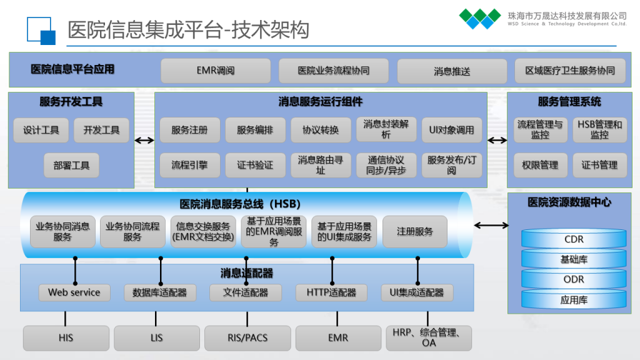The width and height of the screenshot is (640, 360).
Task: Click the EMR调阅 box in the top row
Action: pyautogui.click(x=216, y=71)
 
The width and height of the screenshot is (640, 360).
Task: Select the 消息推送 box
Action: pyautogui.click(x=452, y=71)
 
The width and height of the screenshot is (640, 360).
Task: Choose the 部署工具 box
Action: pyautogui.click(x=71, y=166)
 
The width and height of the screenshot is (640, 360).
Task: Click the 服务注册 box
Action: pyautogui.click(x=189, y=130)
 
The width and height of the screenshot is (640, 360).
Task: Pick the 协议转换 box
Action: pyautogui.click(x=321, y=130)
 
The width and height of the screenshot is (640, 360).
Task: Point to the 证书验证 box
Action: pyautogui.click(x=255, y=166)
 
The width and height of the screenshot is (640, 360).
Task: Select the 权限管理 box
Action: pyautogui.click(x=540, y=166)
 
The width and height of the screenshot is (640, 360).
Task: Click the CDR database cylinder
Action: pyautogui.click(x=574, y=239)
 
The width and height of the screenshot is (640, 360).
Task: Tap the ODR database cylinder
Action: pyautogui.click(x=574, y=279)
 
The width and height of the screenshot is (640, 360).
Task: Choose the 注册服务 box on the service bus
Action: pyautogui.click(x=415, y=231)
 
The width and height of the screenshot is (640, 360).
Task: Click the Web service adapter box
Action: pyautogui.click(x=74, y=292)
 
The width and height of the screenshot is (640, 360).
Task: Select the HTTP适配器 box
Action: pyautogui.click(x=331, y=292)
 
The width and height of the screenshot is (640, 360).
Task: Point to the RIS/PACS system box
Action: pyautogui.click(x=247, y=338)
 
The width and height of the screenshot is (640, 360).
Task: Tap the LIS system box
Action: pyautogui.click(x=156, y=338)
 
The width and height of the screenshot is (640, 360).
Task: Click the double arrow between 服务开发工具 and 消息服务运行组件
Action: pyautogui.click(x=144, y=140)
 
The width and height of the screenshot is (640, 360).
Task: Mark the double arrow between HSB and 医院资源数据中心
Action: pyautogui.click(x=491, y=226)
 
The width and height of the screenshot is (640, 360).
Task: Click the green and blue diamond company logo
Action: pyautogui.click(x=480, y=18)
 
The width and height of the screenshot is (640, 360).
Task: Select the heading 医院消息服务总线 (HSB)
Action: pyautogui.click(x=241, y=204)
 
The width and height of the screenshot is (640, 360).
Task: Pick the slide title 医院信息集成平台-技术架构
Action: pyautogui.click(x=188, y=29)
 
